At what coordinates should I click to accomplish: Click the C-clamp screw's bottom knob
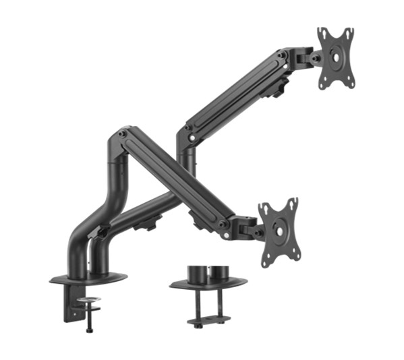click(88, 330)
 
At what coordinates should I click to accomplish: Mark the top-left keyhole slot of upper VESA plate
click(323, 34)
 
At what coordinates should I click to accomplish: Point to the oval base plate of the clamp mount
click(88, 277)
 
